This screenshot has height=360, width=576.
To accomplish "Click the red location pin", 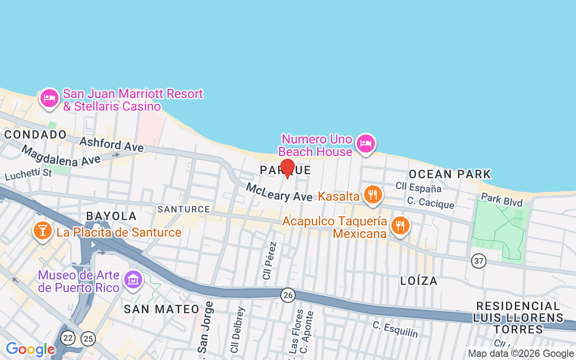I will (287, 168).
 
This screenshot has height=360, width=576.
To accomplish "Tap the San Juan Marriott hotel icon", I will (49, 98).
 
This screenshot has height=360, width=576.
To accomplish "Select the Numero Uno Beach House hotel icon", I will (365, 144).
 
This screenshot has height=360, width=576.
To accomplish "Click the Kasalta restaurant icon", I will (373, 195).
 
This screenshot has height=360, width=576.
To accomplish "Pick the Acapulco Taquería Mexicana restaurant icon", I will (400, 225).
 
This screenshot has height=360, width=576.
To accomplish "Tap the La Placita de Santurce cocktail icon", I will (42, 231).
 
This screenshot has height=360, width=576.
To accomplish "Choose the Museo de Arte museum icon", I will (133, 280).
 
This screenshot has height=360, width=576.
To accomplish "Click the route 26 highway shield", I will (288, 295).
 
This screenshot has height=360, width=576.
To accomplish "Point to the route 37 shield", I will (479, 261).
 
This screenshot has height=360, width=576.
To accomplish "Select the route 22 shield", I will (68, 338).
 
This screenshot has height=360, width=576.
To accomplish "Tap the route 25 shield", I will (88, 339).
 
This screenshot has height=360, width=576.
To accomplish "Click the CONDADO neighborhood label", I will (35, 135).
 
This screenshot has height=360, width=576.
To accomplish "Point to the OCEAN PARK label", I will (450, 174).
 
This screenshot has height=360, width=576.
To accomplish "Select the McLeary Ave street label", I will (279, 192).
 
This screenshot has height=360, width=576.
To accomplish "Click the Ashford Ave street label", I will (112, 144).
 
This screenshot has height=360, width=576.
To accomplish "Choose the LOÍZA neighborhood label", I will (419, 281).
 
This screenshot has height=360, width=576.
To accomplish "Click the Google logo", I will (30, 349).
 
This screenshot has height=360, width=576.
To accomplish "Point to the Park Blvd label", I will (502, 199).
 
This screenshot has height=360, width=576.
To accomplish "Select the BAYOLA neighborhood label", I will (111, 216).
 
